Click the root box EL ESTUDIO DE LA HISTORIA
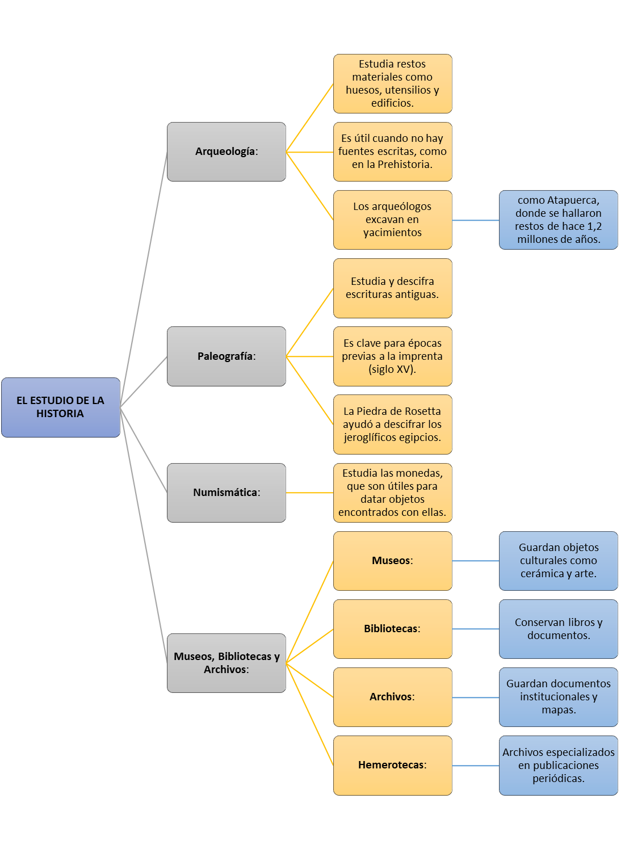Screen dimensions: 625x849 pos(61,407)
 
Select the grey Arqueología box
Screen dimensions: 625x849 pos(226,152)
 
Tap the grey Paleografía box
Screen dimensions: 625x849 pos(226,356)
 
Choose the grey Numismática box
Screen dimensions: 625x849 pos(226,493)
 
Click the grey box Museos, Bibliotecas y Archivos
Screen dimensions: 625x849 pos(226,663)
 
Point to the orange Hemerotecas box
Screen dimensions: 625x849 pos(393,765)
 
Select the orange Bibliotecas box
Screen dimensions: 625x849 pos(393,629)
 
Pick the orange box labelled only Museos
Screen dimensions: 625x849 pos(393,561)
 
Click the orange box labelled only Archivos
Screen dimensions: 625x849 pos(393,697)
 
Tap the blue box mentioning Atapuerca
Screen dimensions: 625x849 pos(558,220)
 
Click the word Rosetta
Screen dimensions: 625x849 pos(422,411)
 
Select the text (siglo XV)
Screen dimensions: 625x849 pos(392,369)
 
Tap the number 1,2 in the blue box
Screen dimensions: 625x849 pos(594,226)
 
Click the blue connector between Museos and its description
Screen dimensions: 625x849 pos(476,561)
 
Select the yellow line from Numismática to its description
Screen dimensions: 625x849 pos(309,493)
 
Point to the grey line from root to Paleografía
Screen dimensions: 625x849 pos(144,382)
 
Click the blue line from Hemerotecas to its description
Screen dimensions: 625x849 pos(476,766)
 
